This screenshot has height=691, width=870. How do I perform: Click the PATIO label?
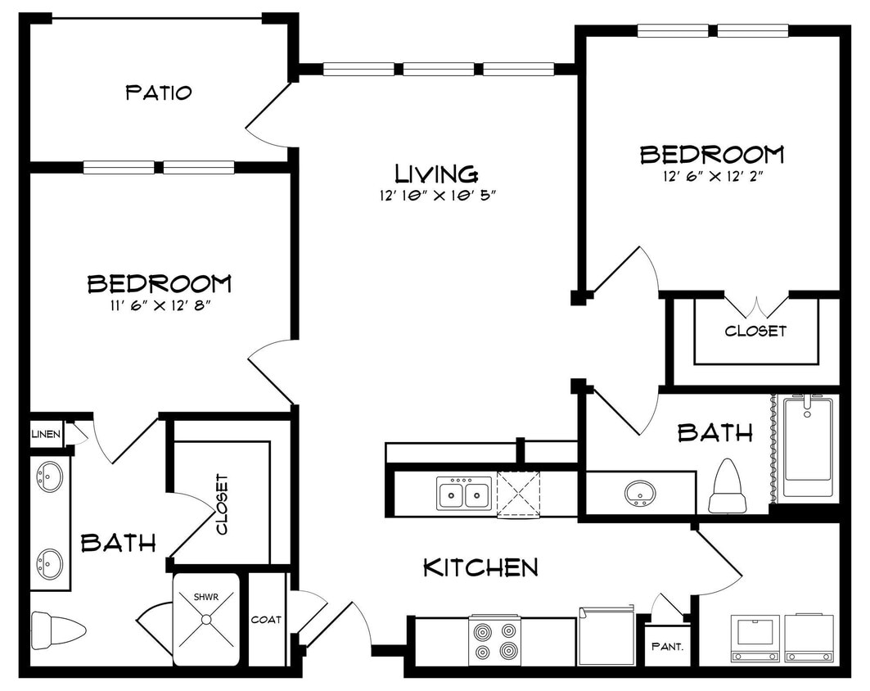click(159, 93)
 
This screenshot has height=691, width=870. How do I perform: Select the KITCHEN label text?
click(480, 567)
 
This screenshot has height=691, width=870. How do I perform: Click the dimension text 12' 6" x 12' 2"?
click(711, 175)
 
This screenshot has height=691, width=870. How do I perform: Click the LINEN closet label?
click(46, 433)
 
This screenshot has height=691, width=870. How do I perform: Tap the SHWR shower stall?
click(205, 619)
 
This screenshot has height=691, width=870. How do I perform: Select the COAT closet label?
click(266, 620)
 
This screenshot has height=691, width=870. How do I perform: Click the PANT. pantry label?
click(667, 645)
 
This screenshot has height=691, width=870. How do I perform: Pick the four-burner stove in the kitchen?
click(494, 640)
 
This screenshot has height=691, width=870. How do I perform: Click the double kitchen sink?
click(463, 495)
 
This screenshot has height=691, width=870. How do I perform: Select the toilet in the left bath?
click(58, 630)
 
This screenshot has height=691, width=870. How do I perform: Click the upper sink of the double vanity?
click(49, 476)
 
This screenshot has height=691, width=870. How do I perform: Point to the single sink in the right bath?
click(639, 493)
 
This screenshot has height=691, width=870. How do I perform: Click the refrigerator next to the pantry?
click(606, 636)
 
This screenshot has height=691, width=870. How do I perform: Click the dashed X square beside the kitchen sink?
click(518, 495)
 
